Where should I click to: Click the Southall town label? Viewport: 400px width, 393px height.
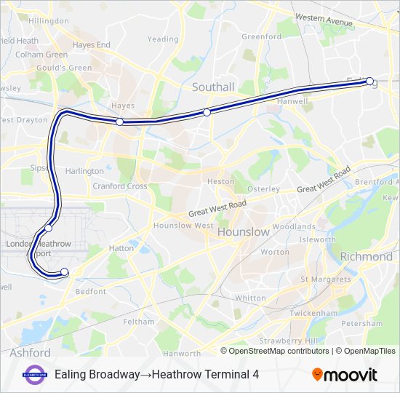pyautogui.click(x=213, y=87)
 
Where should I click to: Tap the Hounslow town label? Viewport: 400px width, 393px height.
pyautogui.click(x=244, y=231)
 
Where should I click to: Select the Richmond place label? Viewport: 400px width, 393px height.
pyautogui.click(x=367, y=257)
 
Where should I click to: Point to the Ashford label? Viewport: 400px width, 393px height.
pyautogui.click(x=30, y=353)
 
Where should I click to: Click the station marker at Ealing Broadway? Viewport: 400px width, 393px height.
pyautogui.click(x=369, y=82)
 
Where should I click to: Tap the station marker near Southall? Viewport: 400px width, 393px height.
pyautogui.click(x=207, y=112)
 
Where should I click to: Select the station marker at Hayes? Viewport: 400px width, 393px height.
pyautogui.click(x=120, y=122)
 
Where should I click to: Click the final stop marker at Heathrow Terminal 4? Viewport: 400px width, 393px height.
pyautogui.click(x=64, y=272)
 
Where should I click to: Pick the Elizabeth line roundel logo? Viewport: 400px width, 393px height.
pyautogui.click(x=34, y=374)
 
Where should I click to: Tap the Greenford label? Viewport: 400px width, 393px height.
pyautogui.click(x=261, y=37)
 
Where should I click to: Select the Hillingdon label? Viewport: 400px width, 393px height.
pyautogui.click(x=48, y=21)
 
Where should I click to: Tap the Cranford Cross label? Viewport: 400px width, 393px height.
pyautogui.click(x=120, y=186)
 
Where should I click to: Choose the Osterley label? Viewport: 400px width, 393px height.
pyautogui.click(x=263, y=189)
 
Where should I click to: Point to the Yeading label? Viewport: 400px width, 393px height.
pyautogui.click(x=162, y=39)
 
